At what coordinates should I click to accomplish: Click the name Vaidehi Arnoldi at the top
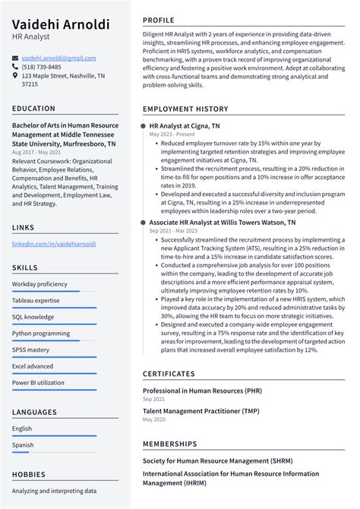(x=61, y=24)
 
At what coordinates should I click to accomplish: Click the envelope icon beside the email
(x=15, y=58)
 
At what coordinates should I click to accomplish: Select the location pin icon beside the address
(x=15, y=76)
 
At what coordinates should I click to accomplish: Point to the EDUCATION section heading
(x=33, y=109)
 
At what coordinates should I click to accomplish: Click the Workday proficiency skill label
(x=39, y=284)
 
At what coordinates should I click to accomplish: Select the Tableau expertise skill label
(x=38, y=300)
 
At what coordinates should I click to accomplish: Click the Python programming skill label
(x=41, y=333)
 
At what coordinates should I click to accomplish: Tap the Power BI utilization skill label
(x=38, y=382)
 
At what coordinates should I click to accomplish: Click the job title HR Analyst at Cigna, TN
(x=185, y=126)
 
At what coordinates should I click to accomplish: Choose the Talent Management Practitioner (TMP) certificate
(x=201, y=411)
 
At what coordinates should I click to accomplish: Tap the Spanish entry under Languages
(x=23, y=445)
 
